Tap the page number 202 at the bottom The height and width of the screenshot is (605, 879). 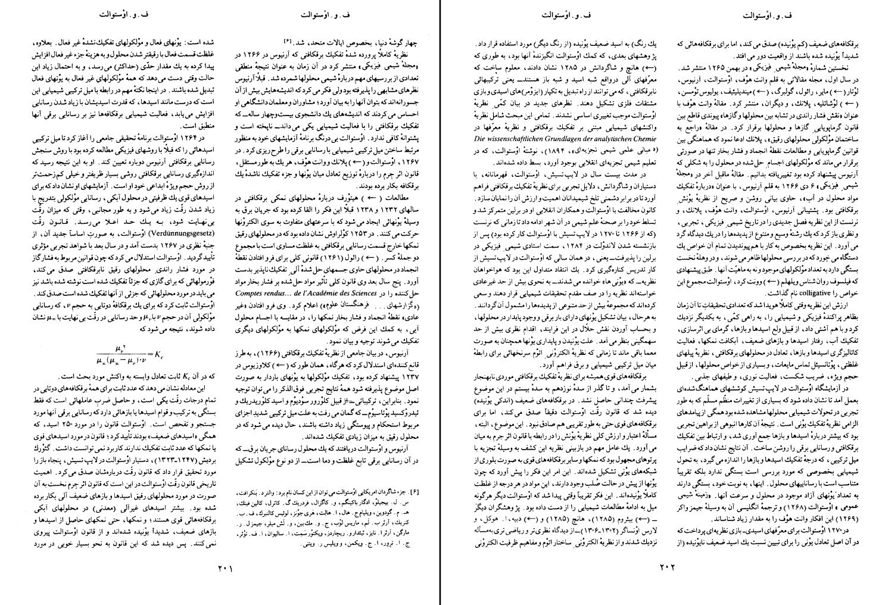click(x=659, y=568)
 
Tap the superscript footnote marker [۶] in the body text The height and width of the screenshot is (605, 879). click(x=288, y=41)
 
